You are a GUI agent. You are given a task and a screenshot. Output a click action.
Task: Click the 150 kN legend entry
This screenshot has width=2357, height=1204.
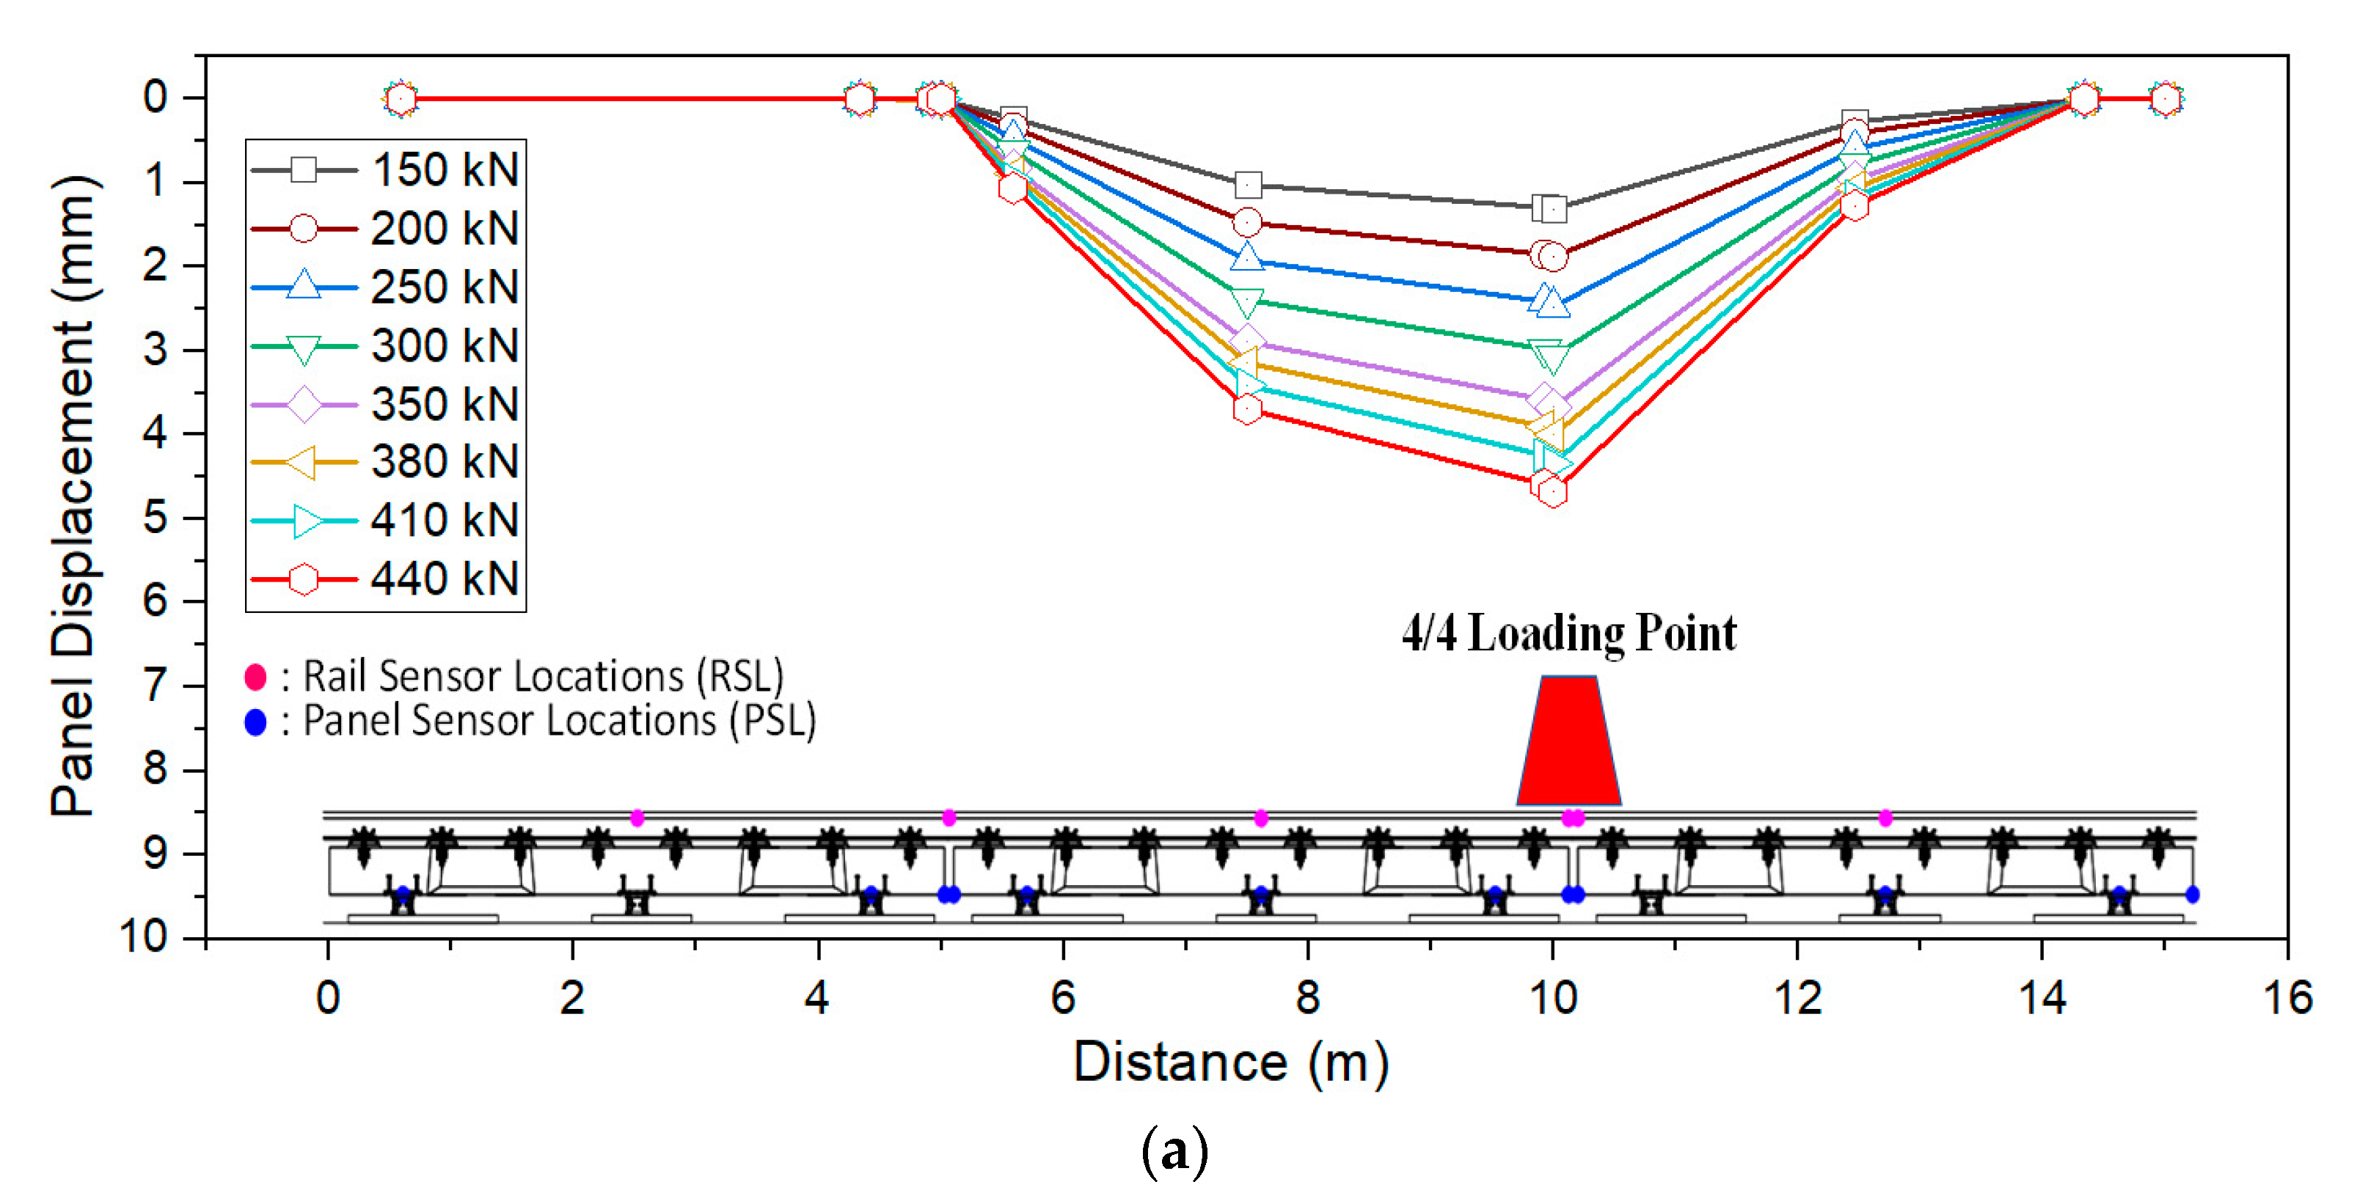point(385,170)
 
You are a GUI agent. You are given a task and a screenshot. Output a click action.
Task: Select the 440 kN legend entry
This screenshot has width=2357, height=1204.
point(385,579)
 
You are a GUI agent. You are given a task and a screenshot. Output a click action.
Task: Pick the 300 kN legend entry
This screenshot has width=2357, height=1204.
point(385,346)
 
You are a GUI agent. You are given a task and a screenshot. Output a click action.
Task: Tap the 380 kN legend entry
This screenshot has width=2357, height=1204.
point(385,462)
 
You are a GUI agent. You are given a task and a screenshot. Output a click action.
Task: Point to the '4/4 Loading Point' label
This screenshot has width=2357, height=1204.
point(1568,633)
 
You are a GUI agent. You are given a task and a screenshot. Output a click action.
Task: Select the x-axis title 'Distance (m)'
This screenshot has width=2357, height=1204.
point(1231,1062)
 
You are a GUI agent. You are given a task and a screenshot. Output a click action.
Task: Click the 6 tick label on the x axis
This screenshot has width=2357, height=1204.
point(1062,997)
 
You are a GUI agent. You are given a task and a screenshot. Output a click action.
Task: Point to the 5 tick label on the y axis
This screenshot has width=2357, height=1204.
point(156,518)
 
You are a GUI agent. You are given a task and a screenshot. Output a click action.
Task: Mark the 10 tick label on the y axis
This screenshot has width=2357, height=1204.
point(145,937)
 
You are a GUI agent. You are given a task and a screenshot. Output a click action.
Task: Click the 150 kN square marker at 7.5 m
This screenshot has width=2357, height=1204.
point(1248,186)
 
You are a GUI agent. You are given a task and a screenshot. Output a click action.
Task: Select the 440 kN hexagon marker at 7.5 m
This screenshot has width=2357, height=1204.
point(1247,409)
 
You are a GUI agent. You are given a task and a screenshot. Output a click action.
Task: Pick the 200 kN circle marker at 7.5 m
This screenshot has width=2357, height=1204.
point(1247,222)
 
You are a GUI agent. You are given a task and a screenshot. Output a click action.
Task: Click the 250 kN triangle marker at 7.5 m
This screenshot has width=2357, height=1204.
point(1247,258)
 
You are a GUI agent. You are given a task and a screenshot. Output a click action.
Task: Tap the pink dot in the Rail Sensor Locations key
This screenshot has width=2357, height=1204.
point(255,677)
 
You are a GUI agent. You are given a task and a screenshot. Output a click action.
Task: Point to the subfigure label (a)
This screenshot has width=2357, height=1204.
point(1175,1152)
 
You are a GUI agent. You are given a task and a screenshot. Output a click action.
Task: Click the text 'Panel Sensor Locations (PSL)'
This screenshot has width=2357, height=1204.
point(559,721)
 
